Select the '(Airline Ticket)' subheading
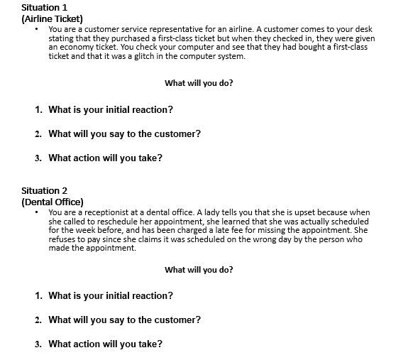pyautogui.click(x=53, y=18)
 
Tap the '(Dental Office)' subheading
pyautogui.click(x=53, y=202)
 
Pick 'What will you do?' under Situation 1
pyautogui.click(x=199, y=83)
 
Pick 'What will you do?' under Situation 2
pyautogui.click(x=199, y=270)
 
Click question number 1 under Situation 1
pyautogui.click(x=38, y=110)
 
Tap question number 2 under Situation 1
pyautogui.click(x=38, y=133)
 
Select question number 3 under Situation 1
pyautogui.click(x=38, y=158)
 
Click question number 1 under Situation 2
pyautogui.click(x=38, y=295)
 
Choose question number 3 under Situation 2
pyautogui.click(x=38, y=344)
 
